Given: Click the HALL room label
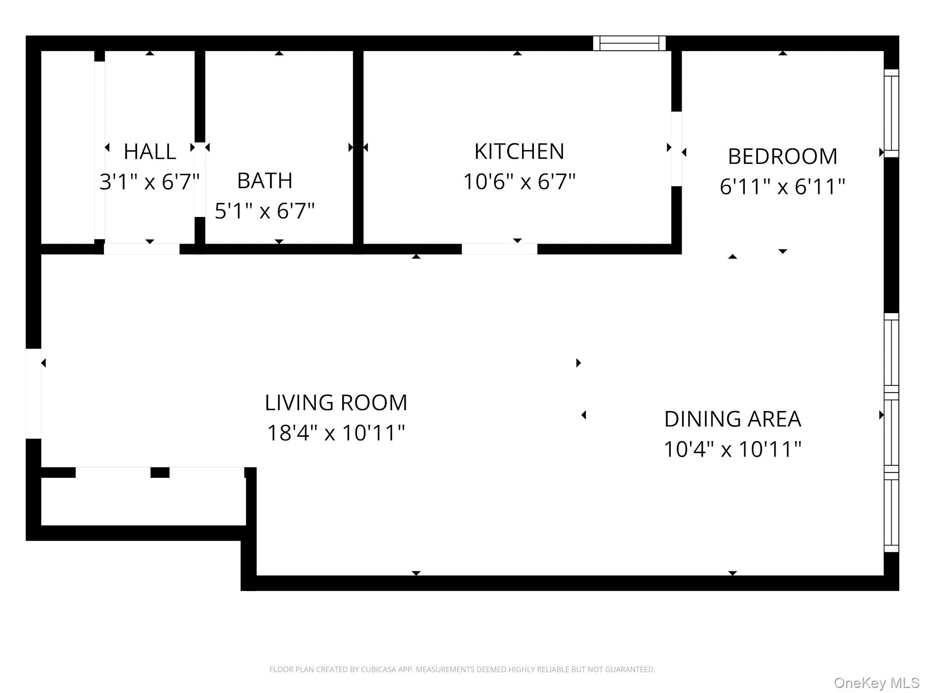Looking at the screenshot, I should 149,152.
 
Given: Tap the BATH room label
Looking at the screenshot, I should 265,181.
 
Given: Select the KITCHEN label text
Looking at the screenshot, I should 519,152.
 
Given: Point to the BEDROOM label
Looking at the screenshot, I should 782,157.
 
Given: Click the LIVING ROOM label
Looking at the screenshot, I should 336,402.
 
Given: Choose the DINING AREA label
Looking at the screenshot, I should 732,419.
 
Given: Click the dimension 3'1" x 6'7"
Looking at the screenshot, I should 149,182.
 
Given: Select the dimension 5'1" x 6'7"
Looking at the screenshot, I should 265,211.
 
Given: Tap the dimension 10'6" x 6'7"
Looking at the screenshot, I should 519,182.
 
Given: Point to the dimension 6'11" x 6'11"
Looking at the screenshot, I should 782,186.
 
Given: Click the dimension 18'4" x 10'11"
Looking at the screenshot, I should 336,433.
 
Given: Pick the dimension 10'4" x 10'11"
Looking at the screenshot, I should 732,449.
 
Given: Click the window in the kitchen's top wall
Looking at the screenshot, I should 629,43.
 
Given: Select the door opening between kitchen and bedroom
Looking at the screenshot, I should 676,149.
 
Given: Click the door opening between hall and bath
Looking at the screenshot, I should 200,180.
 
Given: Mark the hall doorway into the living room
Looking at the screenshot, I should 142,249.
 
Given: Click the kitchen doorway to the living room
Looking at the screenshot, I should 500,249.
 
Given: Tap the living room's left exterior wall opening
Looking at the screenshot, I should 33,393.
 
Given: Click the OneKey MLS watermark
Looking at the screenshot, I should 876,683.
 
